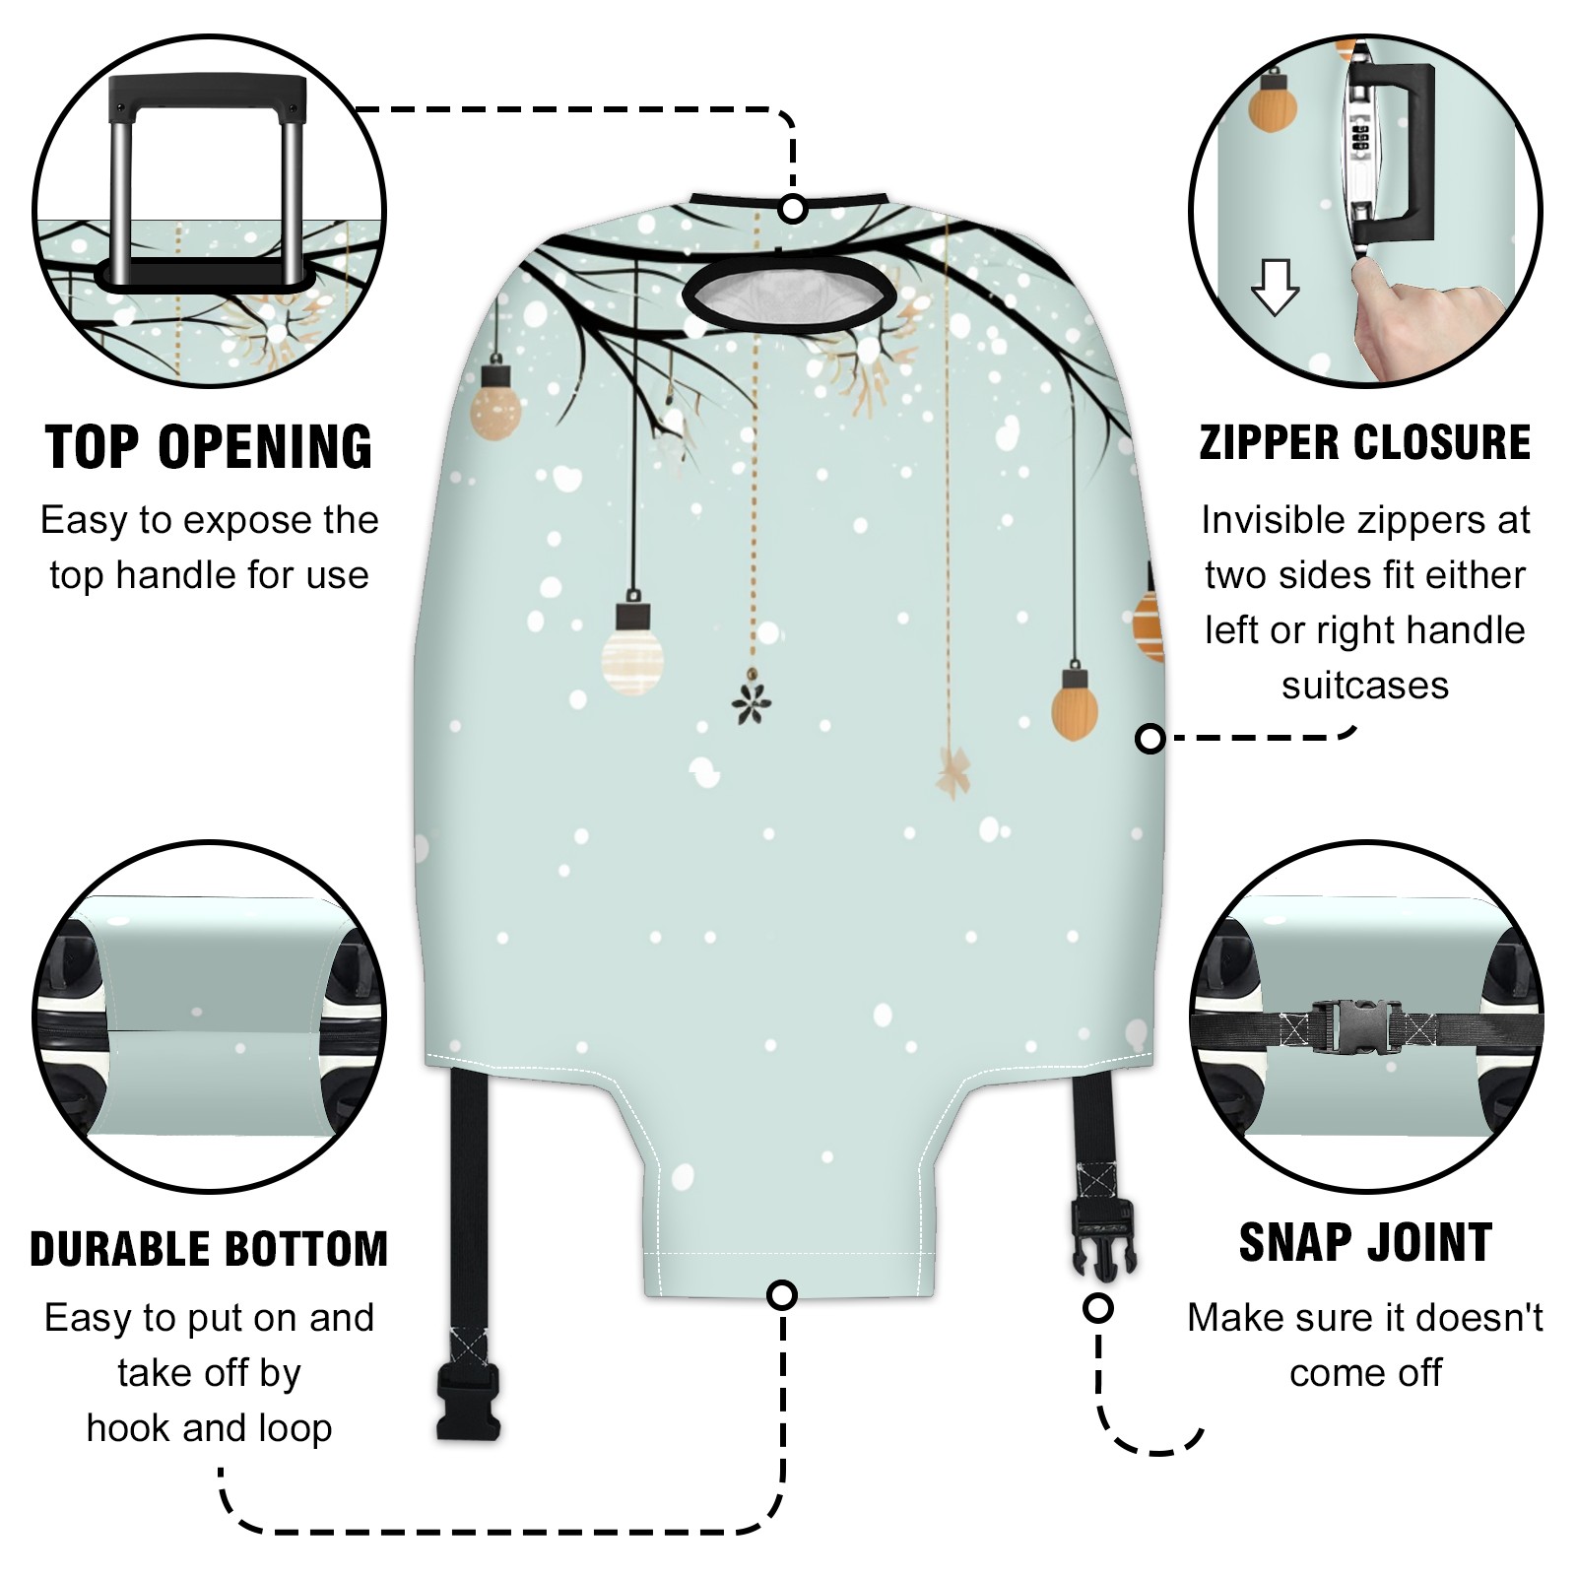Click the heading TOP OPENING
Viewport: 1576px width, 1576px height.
pyautogui.click(x=209, y=448)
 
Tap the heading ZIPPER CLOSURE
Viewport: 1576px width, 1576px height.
pyautogui.click(x=1365, y=442)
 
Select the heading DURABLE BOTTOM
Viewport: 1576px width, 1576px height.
pyautogui.click(x=209, y=1249)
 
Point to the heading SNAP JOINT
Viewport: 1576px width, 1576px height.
pyautogui.click(x=1365, y=1242)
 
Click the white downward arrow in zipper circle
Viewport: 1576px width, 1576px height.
pyautogui.click(x=1275, y=287)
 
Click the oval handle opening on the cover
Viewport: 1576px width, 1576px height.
pyautogui.click(x=789, y=295)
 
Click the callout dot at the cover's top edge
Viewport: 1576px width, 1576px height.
pyautogui.click(x=793, y=210)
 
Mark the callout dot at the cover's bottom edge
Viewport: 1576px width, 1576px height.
pyautogui.click(x=782, y=1294)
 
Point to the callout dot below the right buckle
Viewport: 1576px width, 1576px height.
pyautogui.click(x=1098, y=1308)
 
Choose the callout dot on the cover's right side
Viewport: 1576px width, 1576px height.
pyautogui.click(x=1150, y=738)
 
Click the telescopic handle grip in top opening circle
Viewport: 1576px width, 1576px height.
pyautogui.click(x=207, y=95)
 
